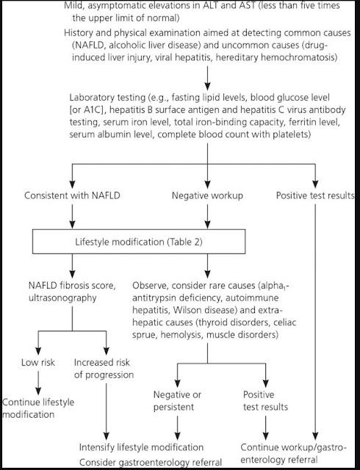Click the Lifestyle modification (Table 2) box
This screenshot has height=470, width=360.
click(139, 242)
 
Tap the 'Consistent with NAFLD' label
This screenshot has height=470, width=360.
click(72, 195)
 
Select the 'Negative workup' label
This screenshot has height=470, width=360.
click(207, 195)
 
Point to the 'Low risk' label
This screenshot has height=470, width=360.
click(38, 362)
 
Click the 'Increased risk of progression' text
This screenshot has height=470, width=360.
click(104, 369)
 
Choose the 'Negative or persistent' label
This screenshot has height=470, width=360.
click(177, 401)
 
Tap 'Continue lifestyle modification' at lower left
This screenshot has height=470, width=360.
click(38, 408)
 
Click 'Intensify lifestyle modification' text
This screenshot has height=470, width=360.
click(141, 447)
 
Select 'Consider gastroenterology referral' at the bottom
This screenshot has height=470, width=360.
click(151, 462)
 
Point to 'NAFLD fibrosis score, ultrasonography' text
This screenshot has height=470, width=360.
click(72, 292)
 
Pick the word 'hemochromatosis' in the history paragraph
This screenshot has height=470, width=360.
click(299, 57)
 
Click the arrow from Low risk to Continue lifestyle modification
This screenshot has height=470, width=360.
click(38, 383)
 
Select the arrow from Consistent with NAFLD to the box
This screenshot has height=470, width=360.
click(72, 216)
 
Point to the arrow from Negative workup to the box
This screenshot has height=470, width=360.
click(207, 216)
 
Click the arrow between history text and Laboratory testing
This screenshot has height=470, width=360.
click(207, 78)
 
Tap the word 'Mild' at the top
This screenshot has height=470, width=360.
click(73, 5)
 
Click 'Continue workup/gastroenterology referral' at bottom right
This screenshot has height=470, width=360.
click(294, 453)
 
